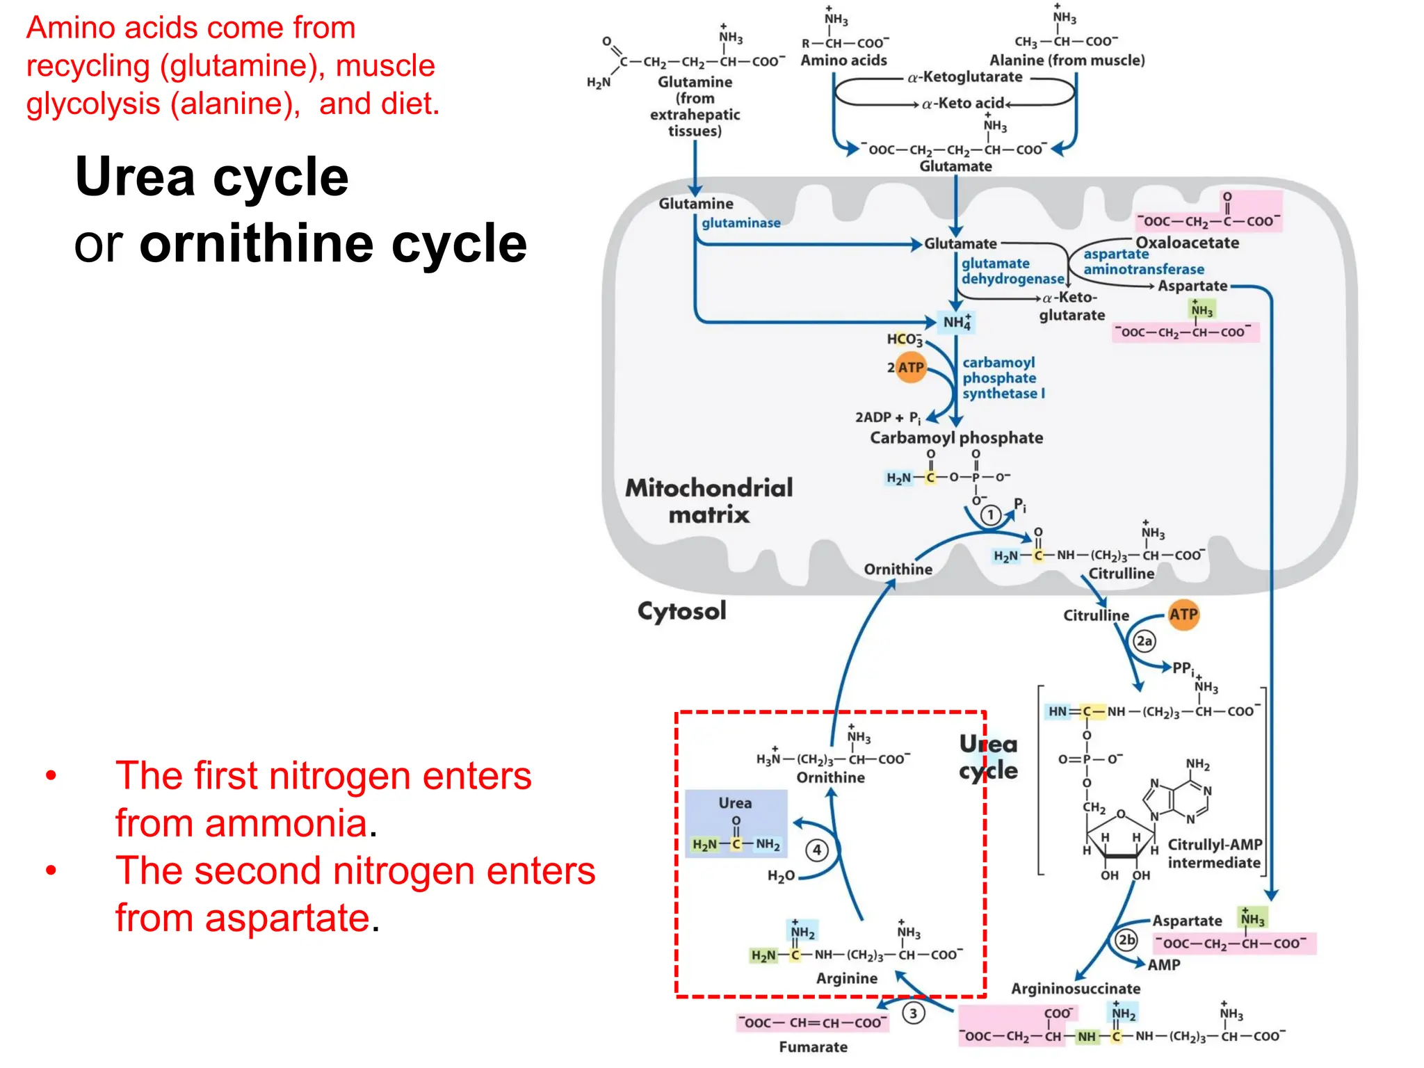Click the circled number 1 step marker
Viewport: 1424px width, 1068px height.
click(991, 515)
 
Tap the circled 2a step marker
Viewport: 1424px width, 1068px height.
click(1144, 640)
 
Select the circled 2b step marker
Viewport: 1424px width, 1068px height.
click(1126, 940)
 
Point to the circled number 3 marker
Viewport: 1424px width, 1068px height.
click(913, 1013)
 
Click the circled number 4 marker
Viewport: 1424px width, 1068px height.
click(817, 850)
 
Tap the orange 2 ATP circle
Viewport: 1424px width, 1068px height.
click(910, 367)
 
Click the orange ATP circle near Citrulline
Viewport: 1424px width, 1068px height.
click(1183, 615)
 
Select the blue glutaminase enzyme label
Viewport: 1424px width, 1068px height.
click(741, 223)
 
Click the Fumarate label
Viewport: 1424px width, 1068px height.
click(813, 1046)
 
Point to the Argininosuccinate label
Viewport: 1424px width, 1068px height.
click(1075, 988)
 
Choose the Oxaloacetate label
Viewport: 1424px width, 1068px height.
click(1187, 243)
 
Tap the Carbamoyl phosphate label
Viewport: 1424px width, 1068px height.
click(956, 437)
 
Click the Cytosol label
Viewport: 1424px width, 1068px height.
click(681, 611)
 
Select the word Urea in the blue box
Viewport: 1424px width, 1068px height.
click(735, 802)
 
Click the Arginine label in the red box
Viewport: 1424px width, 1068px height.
click(846, 978)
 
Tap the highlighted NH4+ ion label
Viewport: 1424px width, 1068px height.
click(957, 322)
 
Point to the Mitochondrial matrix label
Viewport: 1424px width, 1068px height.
click(709, 501)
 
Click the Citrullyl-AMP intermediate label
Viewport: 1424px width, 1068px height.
click(1214, 853)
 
